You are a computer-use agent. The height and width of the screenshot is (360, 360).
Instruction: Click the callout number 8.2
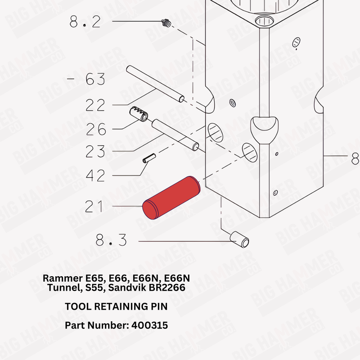85,21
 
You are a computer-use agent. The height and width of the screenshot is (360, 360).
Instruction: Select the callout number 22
95,105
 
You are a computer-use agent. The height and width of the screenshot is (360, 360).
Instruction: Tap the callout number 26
96,130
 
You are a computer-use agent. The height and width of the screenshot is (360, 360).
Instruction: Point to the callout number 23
95,151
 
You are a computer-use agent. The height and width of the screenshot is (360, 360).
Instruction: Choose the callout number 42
95,175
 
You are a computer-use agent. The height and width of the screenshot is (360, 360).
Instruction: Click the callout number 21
94,207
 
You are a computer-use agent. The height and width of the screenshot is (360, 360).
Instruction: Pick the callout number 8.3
111,241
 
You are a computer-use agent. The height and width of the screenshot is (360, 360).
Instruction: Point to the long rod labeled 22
155,83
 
